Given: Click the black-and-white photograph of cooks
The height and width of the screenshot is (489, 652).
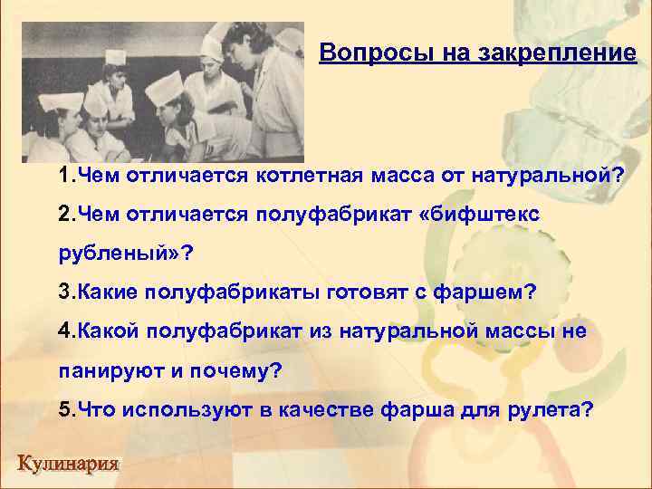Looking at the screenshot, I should tap(164, 91).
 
